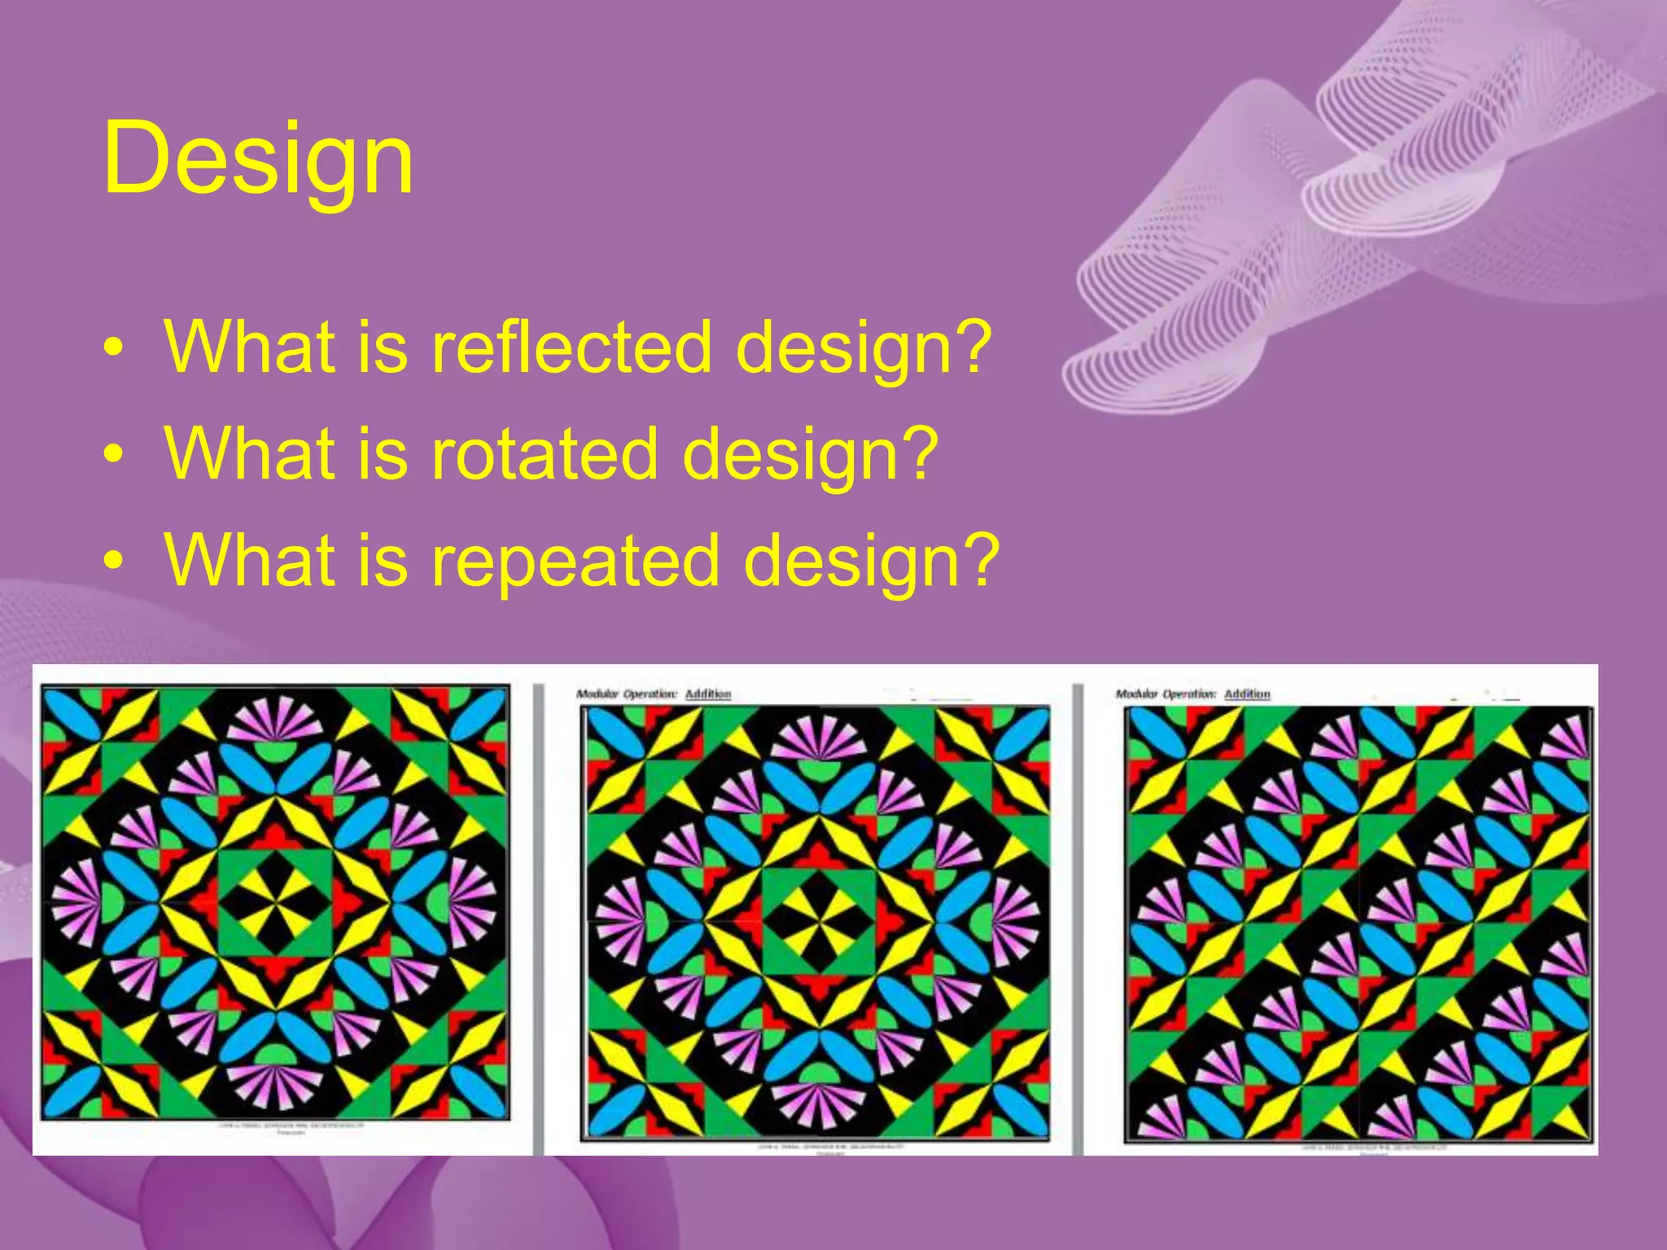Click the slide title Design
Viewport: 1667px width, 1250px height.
point(258,159)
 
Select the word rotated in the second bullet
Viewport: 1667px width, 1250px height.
point(545,453)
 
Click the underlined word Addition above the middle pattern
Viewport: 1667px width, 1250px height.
point(707,694)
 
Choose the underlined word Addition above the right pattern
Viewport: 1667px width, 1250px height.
point(1247,694)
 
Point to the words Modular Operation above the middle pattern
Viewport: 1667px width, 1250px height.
point(626,694)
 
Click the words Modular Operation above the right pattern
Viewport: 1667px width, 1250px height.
point(1166,694)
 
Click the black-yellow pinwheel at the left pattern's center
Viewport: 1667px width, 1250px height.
point(274,903)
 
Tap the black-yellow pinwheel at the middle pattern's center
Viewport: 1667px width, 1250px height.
point(819,920)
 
